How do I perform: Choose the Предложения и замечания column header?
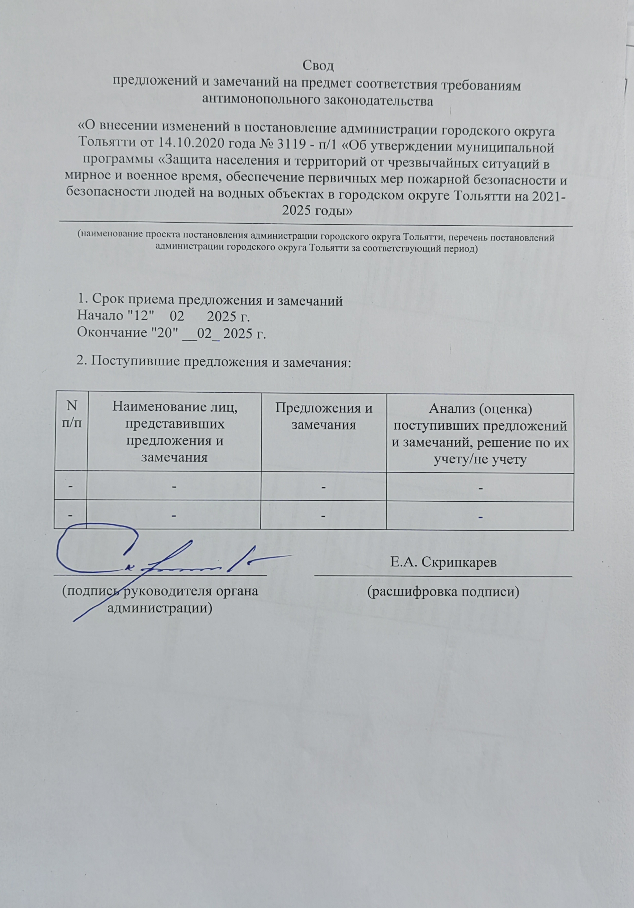[323, 416]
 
